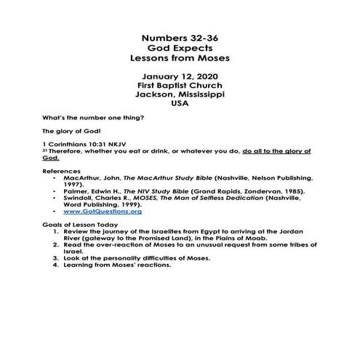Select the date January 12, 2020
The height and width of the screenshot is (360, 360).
179,76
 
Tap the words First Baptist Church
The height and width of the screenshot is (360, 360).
179,85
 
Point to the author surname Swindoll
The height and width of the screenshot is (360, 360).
81,197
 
